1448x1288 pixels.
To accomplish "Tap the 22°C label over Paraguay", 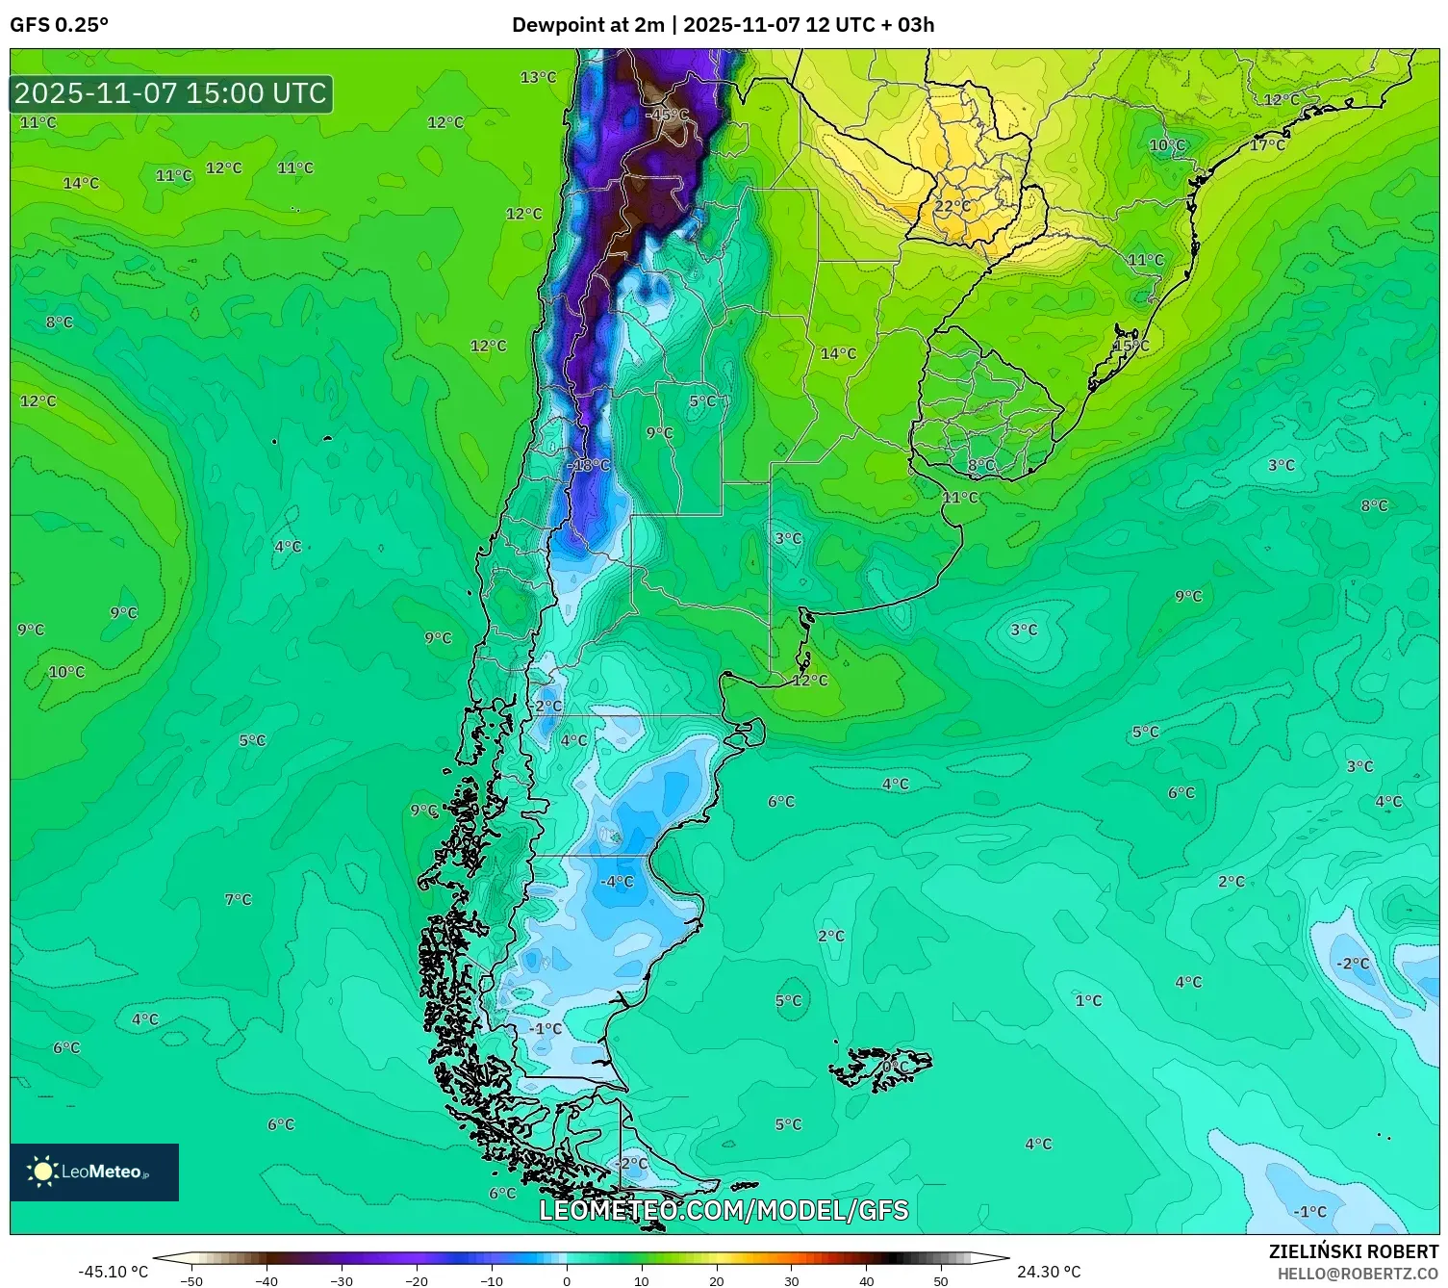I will click(x=953, y=206).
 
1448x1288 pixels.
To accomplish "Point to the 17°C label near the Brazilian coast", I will click(x=1267, y=145).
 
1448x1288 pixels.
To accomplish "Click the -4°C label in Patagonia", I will click(x=617, y=881).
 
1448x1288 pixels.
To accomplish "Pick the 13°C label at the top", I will click(x=538, y=77).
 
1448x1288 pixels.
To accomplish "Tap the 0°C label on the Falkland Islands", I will click(x=895, y=1068).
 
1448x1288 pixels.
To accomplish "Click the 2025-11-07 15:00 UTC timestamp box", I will click(x=171, y=93).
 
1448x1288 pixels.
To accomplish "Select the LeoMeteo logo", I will click(x=94, y=1172).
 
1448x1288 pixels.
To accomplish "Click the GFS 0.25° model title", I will click(x=60, y=25).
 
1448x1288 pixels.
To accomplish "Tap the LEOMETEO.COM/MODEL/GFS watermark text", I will click(x=724, y=1210).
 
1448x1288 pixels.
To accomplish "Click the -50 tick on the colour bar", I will click(x=191, y=1280).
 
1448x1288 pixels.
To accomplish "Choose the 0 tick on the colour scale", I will click(x=567, y=1280).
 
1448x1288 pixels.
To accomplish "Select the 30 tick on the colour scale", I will click(x=791, y=1280).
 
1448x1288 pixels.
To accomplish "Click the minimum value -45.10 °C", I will click(x=114, y=1272).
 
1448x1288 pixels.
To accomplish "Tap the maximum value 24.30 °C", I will click(x=1049, y=1272).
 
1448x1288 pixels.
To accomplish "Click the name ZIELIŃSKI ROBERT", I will click(x=1353, y=1251).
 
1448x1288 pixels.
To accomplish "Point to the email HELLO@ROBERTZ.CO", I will click(x=1358, y=1274).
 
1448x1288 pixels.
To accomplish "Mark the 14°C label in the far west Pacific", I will click(x=81, y=183).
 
